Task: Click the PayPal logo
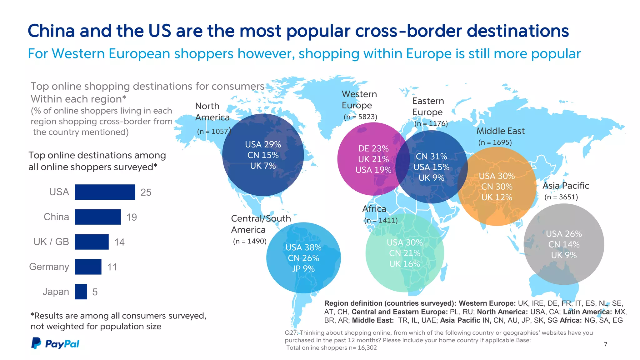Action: (x=55, y=343)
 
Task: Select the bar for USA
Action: (x=105, y=192)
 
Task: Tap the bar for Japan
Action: (x=81, y=292)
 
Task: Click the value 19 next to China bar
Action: (x=132, y=217)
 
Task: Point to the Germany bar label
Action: (x=49, y=267)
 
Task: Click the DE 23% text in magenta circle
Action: (x=373, y=148)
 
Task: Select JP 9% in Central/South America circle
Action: (x=303, y=269)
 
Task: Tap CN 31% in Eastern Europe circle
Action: (x=431, y=156)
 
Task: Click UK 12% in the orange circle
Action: (x=497, y=197)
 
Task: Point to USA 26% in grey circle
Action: (x=564, y=234)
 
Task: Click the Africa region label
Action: (x=374, y=209)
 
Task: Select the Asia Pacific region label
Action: (x=566, y=186)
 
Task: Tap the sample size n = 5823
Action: (x=360, y=117)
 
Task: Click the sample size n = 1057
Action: (x=213, y=131)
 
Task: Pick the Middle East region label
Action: (x=500, y=131)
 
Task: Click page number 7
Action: (x=605, y=344)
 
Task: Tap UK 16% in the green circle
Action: (x=404, y=264)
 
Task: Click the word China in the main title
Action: (x=51, y=31)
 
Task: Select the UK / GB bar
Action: (x=92, y=242)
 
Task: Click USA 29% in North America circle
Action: (x=263, y=144)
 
